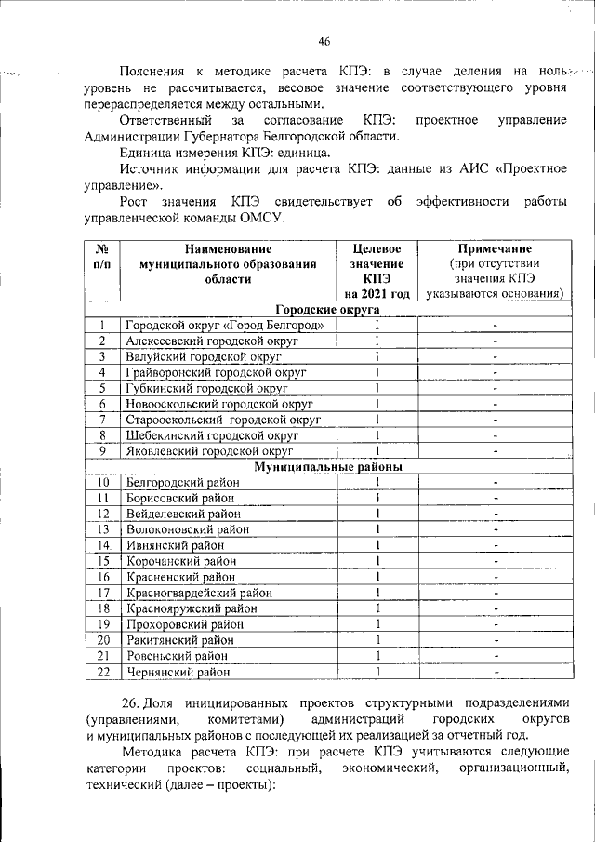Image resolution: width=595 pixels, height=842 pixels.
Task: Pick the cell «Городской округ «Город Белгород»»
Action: (225, 325)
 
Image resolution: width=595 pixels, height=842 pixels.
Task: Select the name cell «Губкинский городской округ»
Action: (206, 388)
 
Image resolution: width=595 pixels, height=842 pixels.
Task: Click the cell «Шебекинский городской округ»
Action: (212, 434)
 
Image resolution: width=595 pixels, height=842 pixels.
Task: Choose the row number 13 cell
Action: (103, 528)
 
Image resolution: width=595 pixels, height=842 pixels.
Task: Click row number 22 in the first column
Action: (103, 671)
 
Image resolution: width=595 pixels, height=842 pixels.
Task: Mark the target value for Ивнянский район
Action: (378, 544)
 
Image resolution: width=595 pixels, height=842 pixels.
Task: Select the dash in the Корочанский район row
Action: (496, 560)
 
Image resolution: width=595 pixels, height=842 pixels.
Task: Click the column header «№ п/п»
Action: (102, 257)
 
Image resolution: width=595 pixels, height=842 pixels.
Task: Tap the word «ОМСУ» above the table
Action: (258, 218)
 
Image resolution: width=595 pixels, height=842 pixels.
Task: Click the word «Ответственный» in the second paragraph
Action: (162, 121)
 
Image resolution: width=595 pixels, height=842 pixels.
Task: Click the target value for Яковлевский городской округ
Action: (378, 450)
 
